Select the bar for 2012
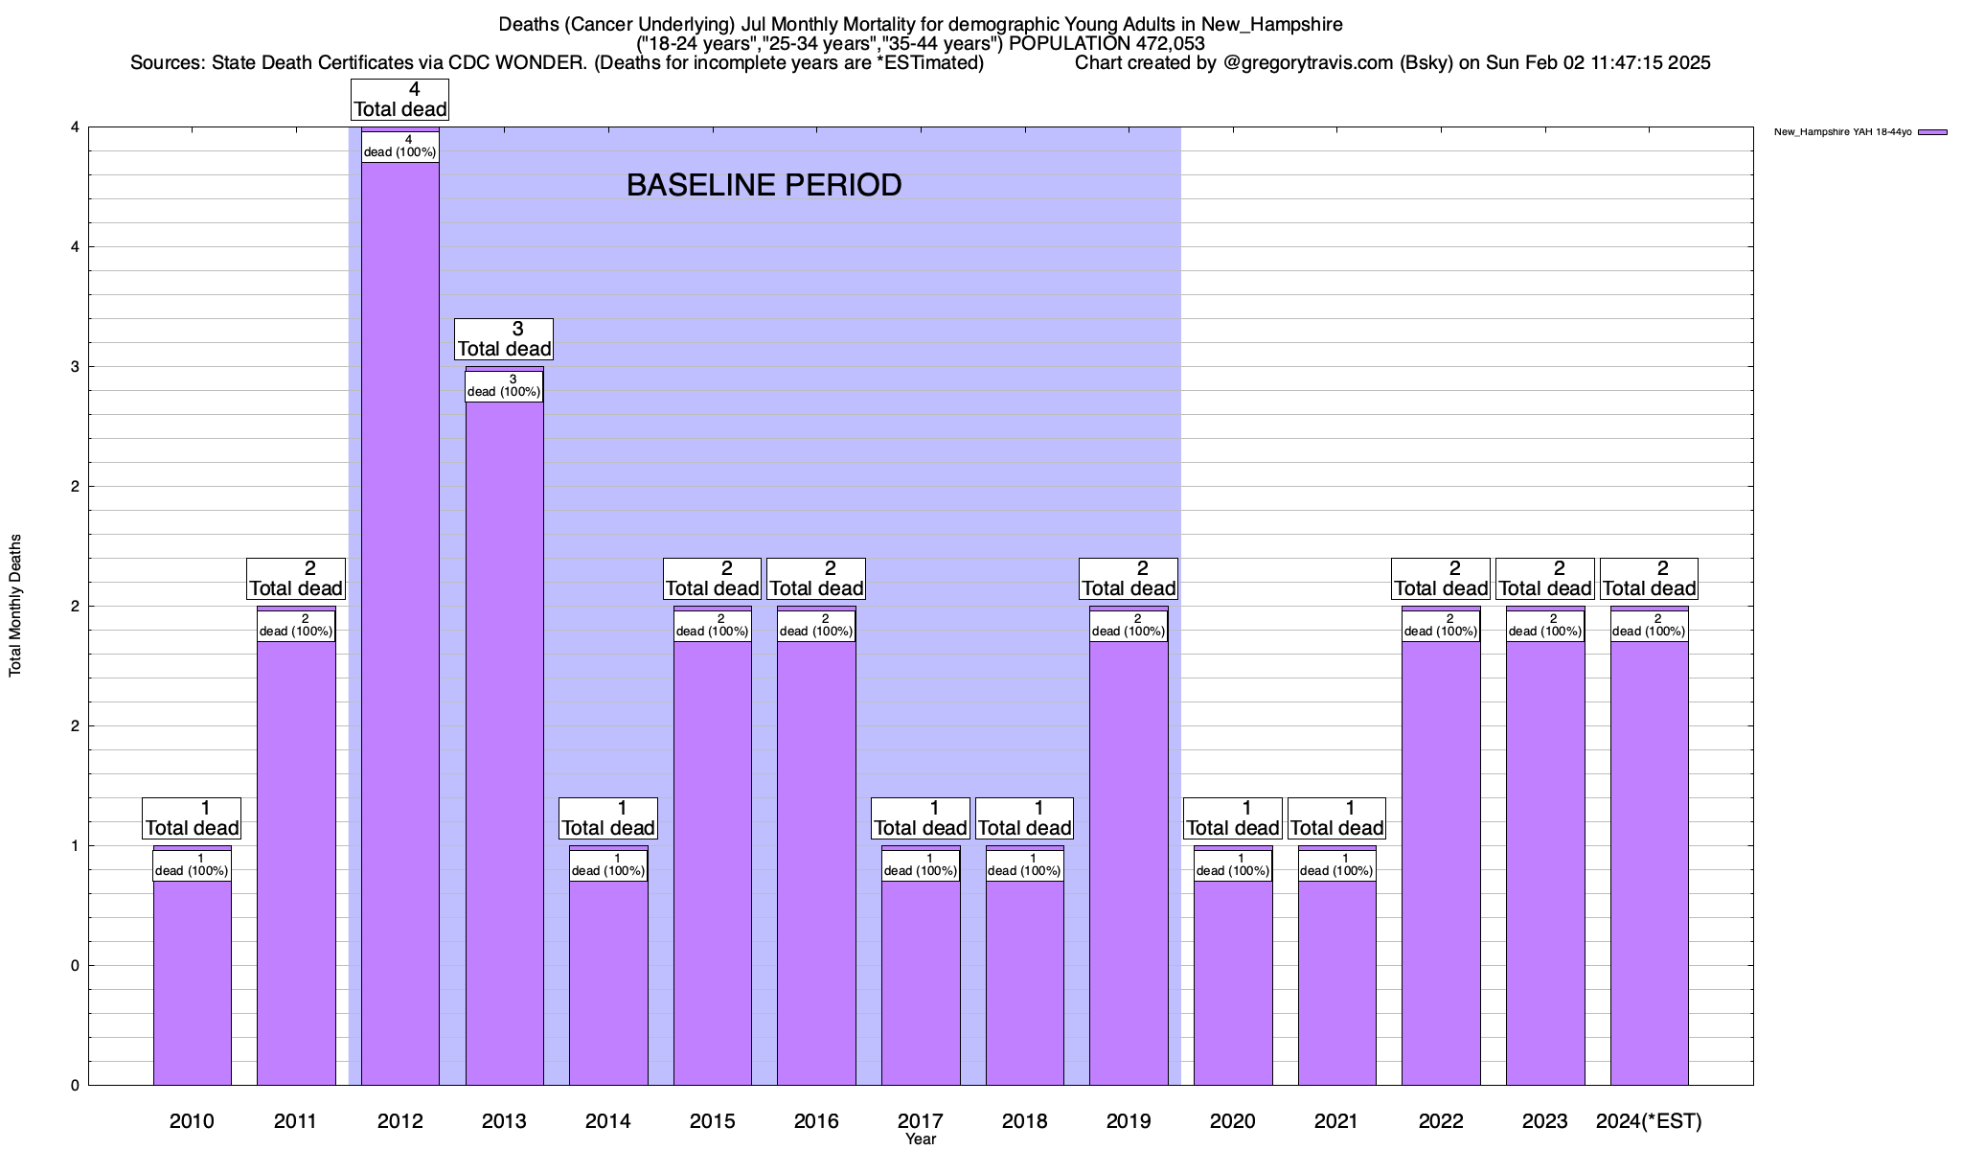click(400, 623)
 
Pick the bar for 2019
click(1129, 862)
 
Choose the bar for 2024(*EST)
click(1649, 862)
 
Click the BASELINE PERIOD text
click(764, 185)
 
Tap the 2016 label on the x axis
click(816, 1120)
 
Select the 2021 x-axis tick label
click(1336, 1120)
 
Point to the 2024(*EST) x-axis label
click(1649, 1120)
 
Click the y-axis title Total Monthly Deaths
click(15, 606)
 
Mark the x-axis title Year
click(921, 1139)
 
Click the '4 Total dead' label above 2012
click(400, 100)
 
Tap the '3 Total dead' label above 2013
click(504, 339)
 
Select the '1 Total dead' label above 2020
click(1233, 818)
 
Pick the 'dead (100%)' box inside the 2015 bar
click(713, 626)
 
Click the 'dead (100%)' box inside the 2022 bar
click(1441, 626)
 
